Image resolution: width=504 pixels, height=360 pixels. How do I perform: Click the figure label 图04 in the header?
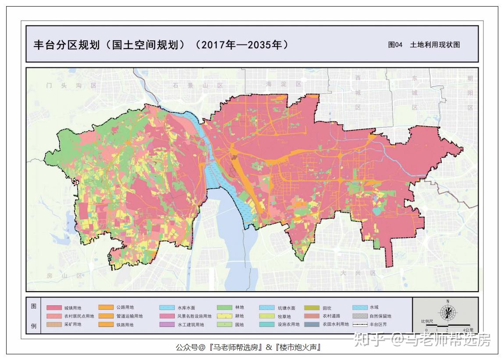click(x=395, y=45)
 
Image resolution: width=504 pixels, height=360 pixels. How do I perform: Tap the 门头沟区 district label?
click(x=71, y=86)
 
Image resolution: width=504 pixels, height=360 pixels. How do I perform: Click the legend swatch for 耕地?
click(x=224, y=316)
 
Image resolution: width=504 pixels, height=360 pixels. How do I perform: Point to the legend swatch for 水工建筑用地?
click(x=167, y=325)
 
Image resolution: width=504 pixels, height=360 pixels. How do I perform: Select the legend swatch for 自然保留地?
click(x=359, y=316)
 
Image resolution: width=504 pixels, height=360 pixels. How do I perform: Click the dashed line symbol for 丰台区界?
click(x=359, y=325)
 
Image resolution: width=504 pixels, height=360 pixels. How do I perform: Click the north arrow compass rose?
click(x=447, y=312)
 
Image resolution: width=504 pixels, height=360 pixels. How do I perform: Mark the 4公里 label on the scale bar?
click(x=468, y=330)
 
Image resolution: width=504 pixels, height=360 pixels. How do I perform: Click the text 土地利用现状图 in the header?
click(x=435, y=45)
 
